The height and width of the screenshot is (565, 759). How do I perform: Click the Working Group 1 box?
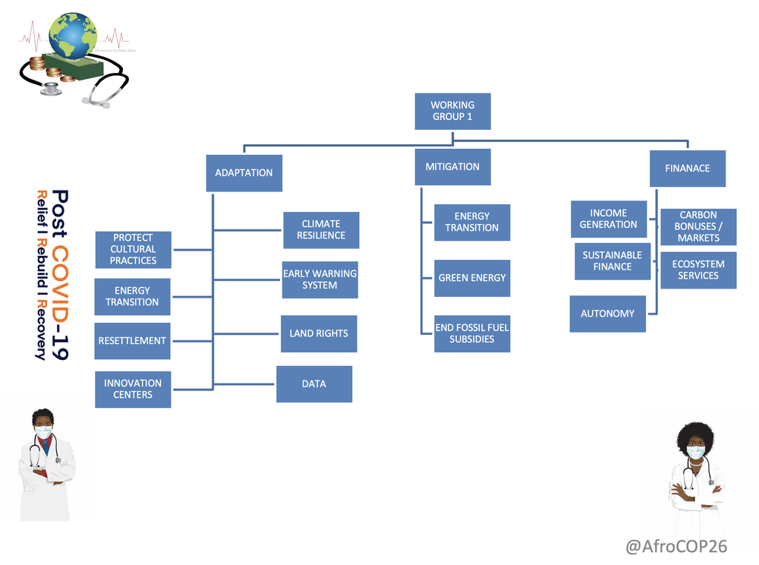point(452,111)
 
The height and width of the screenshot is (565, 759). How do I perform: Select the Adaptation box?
point(244,173)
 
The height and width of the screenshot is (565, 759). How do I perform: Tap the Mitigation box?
point(452,167)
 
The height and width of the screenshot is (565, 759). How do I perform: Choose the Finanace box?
point(688,169)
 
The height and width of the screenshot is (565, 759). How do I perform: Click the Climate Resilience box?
point(321,230)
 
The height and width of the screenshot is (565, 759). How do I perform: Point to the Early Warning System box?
point(320,279)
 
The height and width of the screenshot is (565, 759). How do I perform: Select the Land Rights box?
point(319,333)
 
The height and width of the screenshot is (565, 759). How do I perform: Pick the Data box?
point(314,384)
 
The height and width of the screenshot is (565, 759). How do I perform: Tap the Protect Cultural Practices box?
point(133,249)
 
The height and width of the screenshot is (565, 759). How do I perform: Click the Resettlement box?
point(132,341)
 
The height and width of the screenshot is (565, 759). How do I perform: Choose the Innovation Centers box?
point(133,389)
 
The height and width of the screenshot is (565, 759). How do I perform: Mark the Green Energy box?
point(472,278)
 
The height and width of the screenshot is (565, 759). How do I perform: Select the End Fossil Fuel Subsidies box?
point(472,333)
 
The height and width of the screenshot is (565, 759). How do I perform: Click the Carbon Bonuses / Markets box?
point(698,227)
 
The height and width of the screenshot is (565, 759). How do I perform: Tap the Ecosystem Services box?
point(698,270)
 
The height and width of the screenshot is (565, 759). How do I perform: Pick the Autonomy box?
point(607,314)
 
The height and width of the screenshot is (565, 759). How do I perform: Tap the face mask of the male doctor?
point(44,431)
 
